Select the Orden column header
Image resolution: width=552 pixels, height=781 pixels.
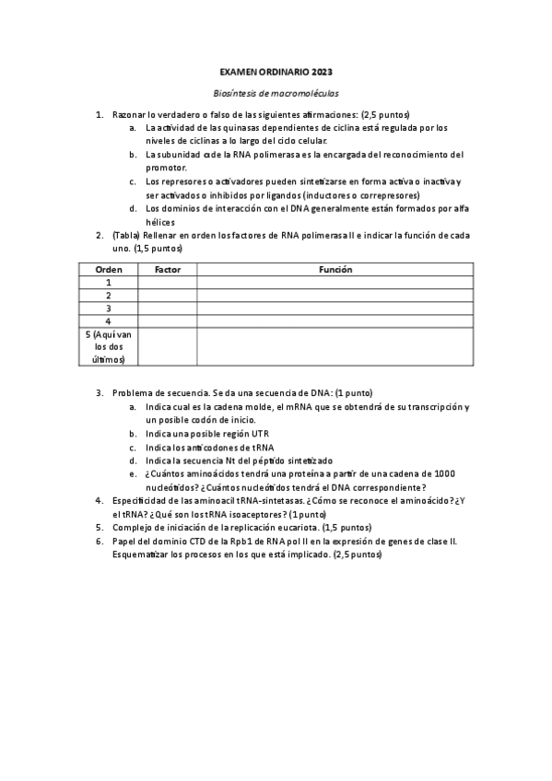click(x=109, y=270)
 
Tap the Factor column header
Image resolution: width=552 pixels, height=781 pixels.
click(x=167, y=270)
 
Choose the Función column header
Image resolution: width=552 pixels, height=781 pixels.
click(x=335, y=270)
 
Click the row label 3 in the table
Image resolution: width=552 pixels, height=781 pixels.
click(x=109, y=308)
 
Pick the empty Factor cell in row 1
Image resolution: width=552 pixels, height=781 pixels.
click(x=167, y=283)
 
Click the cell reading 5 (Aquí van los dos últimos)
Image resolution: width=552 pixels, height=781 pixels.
click(x=109, y=346)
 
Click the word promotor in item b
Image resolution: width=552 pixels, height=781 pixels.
click(x=167, y=168)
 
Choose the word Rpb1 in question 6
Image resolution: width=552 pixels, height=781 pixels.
click(x=234, y=542)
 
